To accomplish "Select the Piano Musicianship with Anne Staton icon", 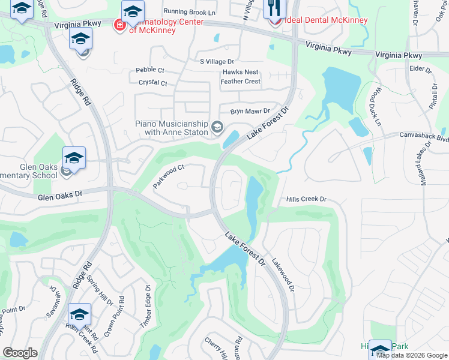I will [x=217, y=127].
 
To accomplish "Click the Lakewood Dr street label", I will [x=283, y=275].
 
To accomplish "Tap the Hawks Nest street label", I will [x=240, y=72].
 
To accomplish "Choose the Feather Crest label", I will [x=240, y=81].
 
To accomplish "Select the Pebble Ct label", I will [x=149, y=70].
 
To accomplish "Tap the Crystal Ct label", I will [x=151, y=83].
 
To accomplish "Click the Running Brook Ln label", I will [x=189, y=12].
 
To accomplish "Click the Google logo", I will [x=20, y=353].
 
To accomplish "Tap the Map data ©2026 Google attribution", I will [x=412, y=355].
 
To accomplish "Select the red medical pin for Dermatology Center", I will [x=119, y=25].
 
